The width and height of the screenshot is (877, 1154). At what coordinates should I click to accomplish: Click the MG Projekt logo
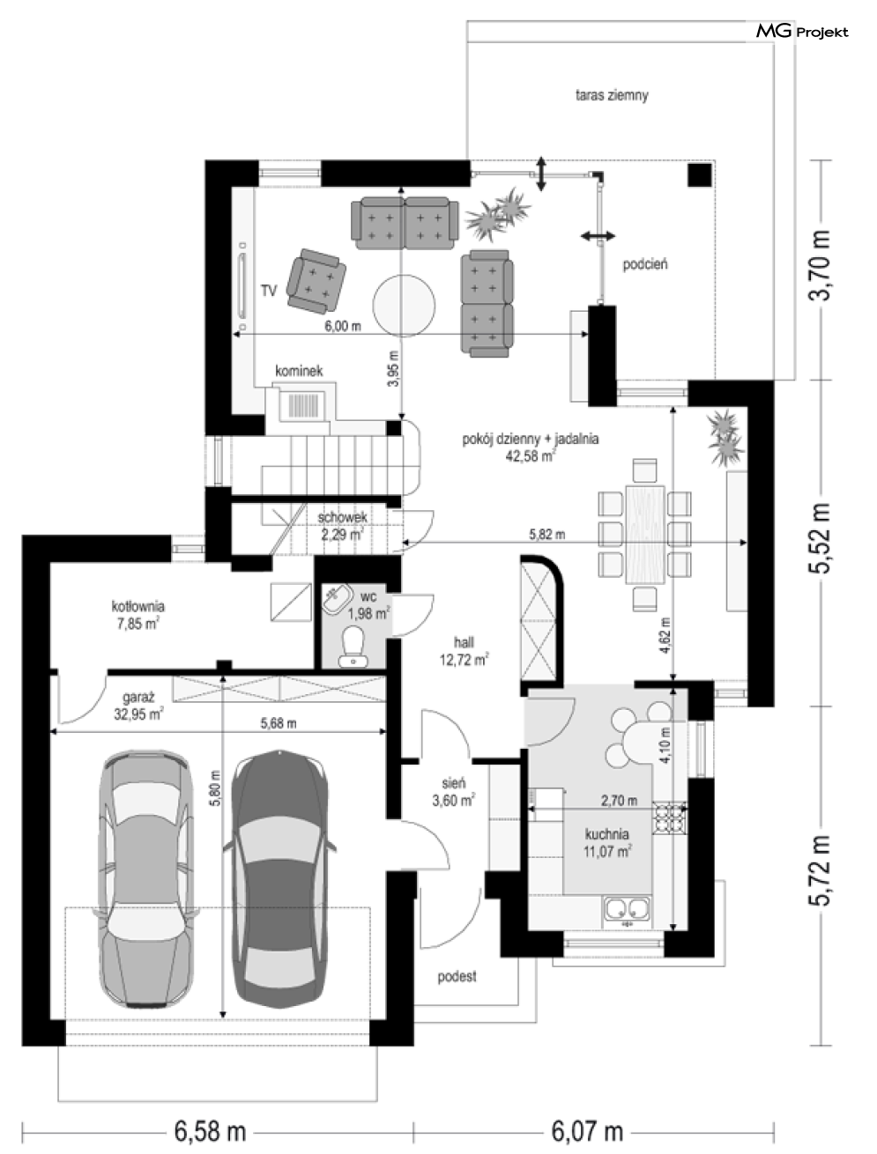coord(802,32)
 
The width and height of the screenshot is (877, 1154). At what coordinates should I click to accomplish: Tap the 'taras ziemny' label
coord(612,96)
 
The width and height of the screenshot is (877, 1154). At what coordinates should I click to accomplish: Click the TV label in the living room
coord(269,291)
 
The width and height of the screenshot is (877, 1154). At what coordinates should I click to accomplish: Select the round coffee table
coord(404,306)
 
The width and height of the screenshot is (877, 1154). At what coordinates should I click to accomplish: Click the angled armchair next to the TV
coord(316,281)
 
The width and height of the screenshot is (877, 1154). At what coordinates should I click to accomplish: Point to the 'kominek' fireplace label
coord(299,371)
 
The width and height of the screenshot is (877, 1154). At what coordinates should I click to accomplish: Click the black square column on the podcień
coord(699,174)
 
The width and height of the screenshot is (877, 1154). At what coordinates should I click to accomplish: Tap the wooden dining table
coord(645,535)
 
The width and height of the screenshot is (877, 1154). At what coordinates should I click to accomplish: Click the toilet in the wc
coord(353,646)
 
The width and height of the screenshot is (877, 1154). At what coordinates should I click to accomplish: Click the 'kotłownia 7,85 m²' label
coord(137,615)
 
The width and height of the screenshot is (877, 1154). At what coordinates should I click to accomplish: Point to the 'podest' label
coord(457,977)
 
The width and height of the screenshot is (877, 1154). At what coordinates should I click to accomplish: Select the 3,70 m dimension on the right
coord(821,265)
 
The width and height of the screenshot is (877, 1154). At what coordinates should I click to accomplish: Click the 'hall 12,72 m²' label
coord(465,651)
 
